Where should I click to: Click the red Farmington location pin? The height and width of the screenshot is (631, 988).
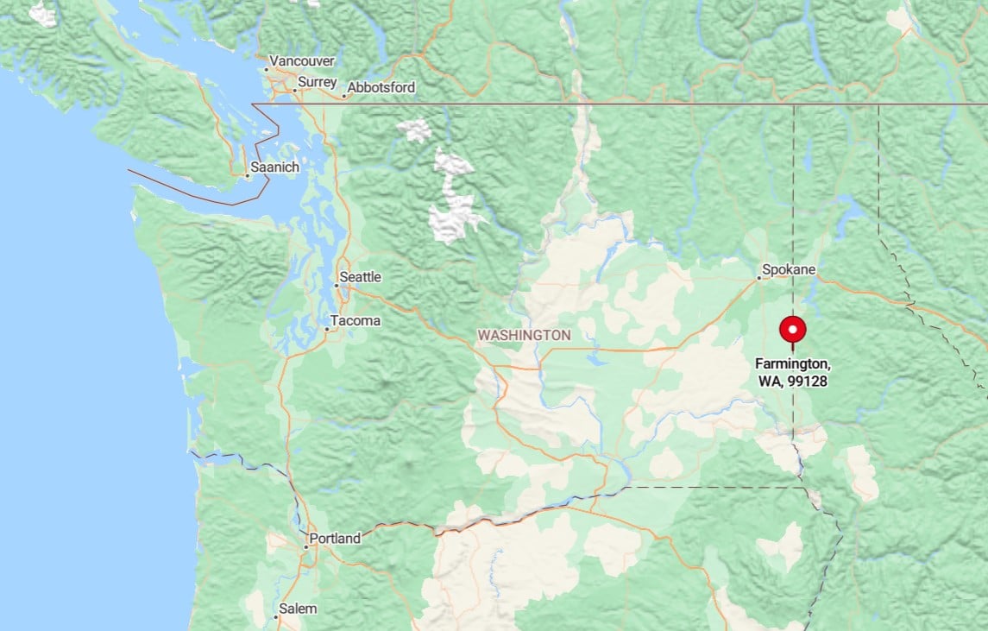792,331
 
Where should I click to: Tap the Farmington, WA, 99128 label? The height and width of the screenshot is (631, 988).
792,372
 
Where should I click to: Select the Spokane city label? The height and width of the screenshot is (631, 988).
790,269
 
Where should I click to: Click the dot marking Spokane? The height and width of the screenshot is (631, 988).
759,278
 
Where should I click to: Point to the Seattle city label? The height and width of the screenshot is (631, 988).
360,277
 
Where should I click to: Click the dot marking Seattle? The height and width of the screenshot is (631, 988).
337,285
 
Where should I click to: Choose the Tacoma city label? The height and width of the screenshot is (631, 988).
356,321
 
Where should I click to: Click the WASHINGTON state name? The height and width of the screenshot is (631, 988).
524,334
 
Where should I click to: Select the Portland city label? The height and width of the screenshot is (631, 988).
335,539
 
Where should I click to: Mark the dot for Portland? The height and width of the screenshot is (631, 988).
305,546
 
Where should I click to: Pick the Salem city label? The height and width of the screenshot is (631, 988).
298,609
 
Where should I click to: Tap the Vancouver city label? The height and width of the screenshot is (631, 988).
302,61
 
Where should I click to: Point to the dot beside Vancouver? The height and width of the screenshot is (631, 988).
266,69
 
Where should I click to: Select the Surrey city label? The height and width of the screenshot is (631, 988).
316,83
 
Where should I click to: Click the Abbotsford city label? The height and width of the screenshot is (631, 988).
381,87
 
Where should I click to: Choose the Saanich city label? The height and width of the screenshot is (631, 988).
274,167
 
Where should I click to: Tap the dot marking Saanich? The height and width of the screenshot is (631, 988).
247,176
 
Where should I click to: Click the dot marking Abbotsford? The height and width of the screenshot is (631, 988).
343,95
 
